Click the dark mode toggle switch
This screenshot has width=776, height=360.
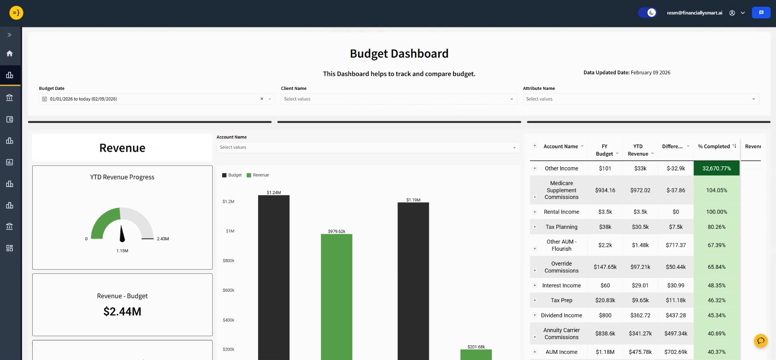647,13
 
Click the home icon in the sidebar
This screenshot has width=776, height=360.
10,54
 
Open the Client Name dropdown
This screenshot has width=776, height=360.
399,99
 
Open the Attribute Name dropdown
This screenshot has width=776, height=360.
640,99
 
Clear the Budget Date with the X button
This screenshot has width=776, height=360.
262,99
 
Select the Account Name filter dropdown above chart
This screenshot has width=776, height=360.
368,148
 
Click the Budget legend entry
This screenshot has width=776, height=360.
232,175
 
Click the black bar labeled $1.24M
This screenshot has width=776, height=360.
274,278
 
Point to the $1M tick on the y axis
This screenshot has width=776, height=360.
230,231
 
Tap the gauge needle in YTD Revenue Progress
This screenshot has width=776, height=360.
122,234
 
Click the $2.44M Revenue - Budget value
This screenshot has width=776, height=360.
123,312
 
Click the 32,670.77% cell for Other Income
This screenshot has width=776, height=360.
716,168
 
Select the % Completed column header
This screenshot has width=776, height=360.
714,147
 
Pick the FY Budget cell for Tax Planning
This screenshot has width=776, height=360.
605,227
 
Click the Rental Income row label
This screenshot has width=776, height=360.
561,212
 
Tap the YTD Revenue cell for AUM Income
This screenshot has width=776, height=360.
640,352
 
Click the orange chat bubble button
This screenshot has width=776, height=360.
760,341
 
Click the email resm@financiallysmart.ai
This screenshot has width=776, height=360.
694,13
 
